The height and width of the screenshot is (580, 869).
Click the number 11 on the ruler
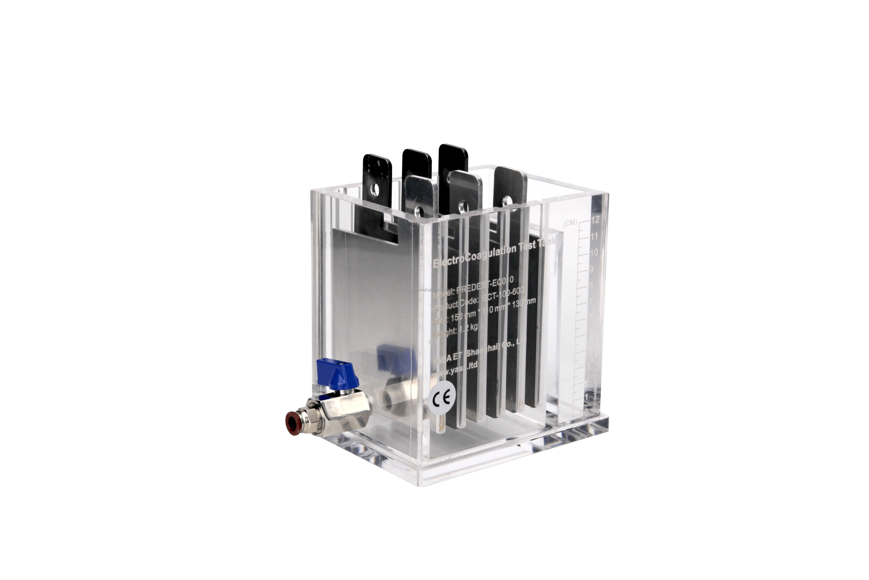(594, 236)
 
